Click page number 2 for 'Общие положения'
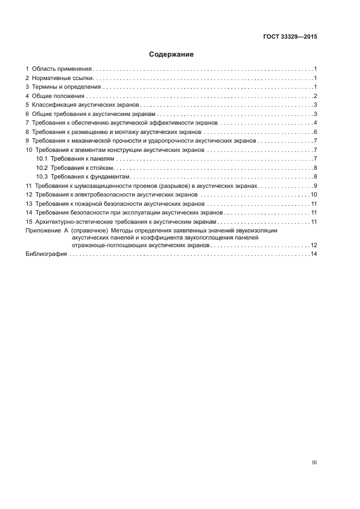(x=315, y=96)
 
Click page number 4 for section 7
(x=315, y=123)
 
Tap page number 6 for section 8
(x=315, y=132)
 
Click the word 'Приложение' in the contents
(x=40, y=231)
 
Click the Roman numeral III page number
(x=314, y=462)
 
